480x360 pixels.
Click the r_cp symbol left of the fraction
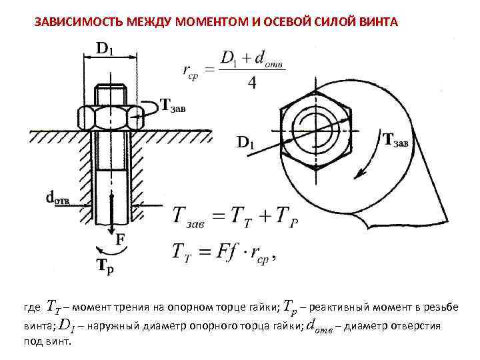coord(191,70)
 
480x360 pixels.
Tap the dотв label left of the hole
coord(58,197)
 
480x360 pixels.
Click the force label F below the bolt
coord(121,238)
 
